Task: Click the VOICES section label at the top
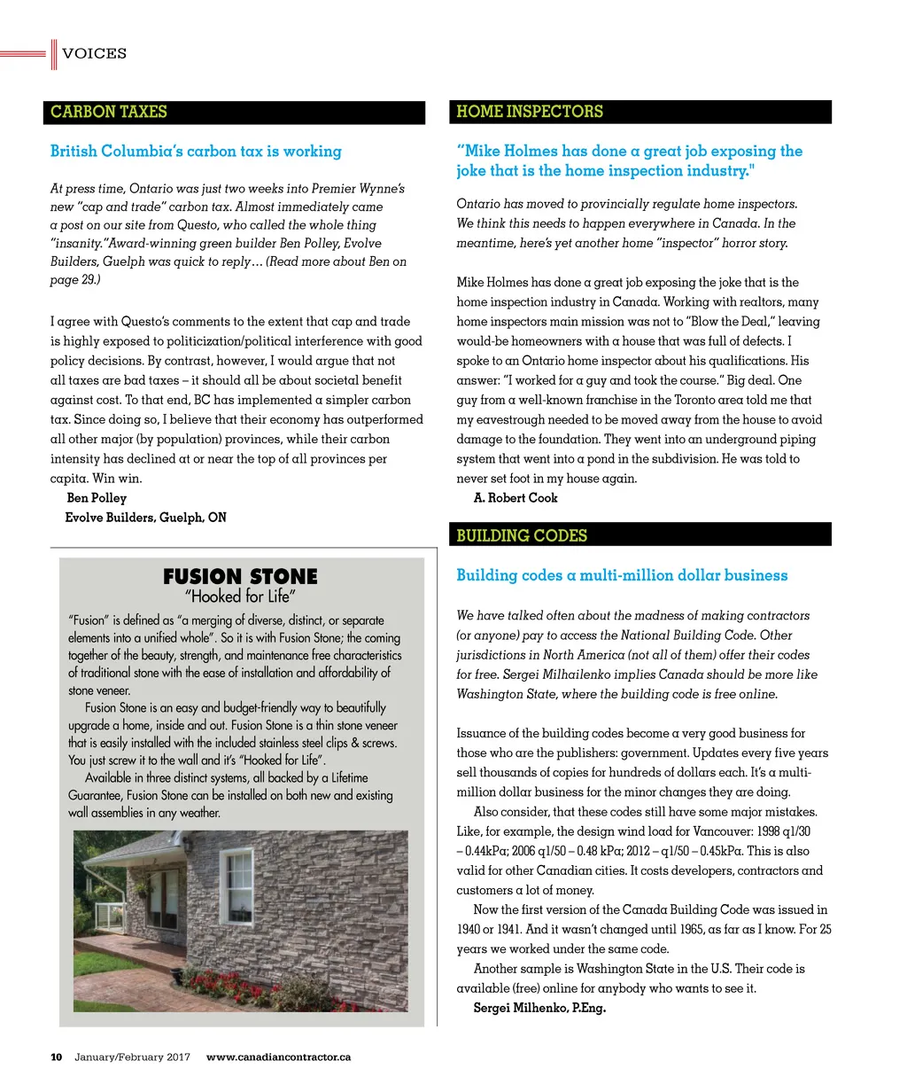(x=94, y=54)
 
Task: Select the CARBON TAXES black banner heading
(x=109, y=112)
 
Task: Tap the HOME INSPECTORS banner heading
(x=529, y=112)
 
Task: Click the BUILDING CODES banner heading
(x=522, y=535)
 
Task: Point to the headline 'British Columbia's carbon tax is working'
(x=196, y=152)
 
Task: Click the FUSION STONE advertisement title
(x=240, y=577)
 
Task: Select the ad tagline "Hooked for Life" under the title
(x=240, y=597)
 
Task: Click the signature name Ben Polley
(x=97, y=498)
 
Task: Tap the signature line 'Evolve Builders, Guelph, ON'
(x=145, y=518)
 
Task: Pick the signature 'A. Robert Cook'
(x=516, y=498)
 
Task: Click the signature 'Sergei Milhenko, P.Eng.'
(x=539, y=1008)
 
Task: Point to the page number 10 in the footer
(x=56, y=1057)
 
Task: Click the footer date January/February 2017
(x=133, y=1057)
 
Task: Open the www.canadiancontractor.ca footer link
(x=278, y=1057)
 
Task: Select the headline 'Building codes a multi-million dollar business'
(x=622, y=575)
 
